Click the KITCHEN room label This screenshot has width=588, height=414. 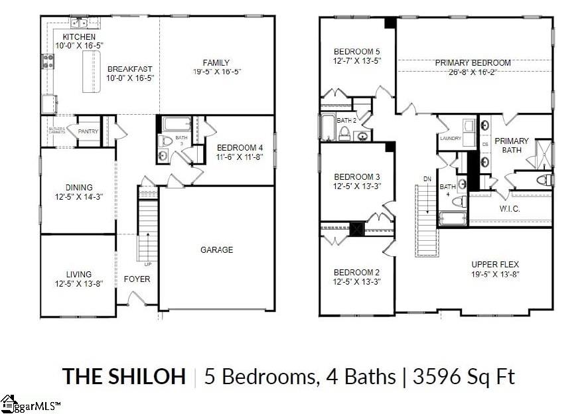pyautogui.click(x=78, y=36)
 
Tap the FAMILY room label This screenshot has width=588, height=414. pyautogui.click(x=217, y=62)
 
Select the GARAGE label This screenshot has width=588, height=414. pyautogui.click(x=217, y=250)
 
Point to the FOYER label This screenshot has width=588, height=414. pyautogui.click(x=137, y=279)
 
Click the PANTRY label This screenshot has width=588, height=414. pyautogui.click(x=88, y=131)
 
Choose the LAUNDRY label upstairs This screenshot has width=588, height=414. pyautogui.click(x=450, y=138)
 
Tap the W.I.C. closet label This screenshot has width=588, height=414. pyautogui.click(x=510, y=209)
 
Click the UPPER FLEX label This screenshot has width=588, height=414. pyautogui.click(x=495, y=263)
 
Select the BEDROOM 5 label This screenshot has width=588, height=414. pyautogui.click(x=357, y=52)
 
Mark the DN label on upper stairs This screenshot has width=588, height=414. pyautogui.click(x=426, y=178)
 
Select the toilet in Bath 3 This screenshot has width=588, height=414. pyautogui.click(x=166, y=141)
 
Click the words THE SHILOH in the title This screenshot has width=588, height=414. pyautogui.click(x=123, y=376)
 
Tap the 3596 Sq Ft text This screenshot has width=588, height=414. pyautogui.click(x=463, y=376)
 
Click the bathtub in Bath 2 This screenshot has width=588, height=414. pyautogui.click(x=328, y=127)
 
